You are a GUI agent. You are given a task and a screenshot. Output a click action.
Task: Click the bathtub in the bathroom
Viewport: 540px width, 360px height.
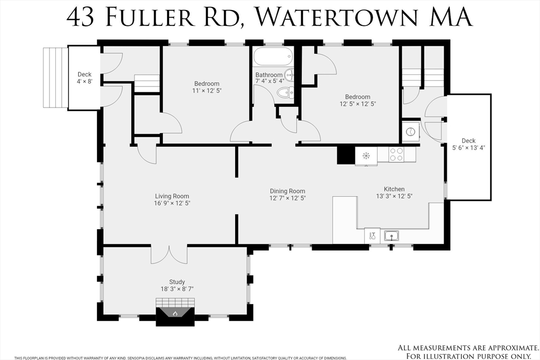tap(273, 56)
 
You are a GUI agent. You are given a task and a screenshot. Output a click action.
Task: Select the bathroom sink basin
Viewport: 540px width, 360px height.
tap(290, 74)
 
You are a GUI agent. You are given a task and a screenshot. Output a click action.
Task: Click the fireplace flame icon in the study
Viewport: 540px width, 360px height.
tap(175, 313)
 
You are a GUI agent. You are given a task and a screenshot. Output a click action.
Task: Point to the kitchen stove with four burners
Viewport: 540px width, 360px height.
tap(396, 154)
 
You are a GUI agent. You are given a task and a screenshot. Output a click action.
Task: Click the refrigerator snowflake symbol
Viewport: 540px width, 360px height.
tap(366, 155)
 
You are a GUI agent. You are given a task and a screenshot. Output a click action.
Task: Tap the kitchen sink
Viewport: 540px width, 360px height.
tap(392, 236)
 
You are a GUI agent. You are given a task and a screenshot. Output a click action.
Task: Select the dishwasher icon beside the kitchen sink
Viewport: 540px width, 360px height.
tap(372, 236)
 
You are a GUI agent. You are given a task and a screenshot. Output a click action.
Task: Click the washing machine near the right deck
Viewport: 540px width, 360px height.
tap(410, 131)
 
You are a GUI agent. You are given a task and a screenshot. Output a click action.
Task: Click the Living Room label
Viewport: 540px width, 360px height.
tap(172, 196)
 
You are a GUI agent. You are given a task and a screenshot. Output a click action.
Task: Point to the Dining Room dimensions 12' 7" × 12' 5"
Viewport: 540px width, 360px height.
tap(287, 198)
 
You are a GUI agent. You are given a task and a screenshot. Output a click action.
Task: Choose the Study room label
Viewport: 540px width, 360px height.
tap(177, 282)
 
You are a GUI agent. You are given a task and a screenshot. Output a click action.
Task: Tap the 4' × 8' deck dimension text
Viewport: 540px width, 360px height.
tap(84, 81)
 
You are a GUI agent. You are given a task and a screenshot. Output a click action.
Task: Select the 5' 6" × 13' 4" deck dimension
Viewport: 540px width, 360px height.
tap(468, 148)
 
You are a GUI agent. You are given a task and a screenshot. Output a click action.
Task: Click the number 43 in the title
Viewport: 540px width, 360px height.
tap(80, 17)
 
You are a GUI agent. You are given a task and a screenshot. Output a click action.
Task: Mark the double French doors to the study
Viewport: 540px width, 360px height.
tap(169, 255)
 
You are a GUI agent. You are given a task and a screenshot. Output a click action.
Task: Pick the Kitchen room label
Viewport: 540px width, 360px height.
tap(394, 189)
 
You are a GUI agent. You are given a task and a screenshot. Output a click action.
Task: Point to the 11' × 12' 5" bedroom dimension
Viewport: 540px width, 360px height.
tap(207, 91)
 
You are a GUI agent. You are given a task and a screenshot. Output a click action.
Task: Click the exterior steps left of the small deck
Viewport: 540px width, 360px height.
tap(55, 78)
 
